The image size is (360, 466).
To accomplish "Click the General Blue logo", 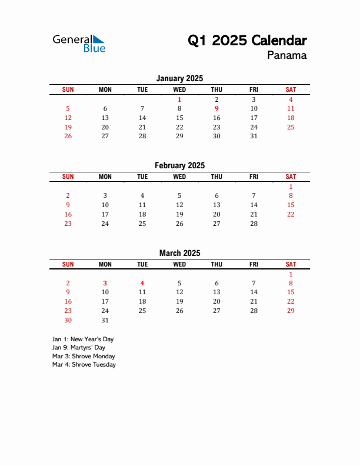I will point(79,43).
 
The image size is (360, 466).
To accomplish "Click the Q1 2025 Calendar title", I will point(247,41).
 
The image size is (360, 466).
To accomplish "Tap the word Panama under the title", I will point(286,56).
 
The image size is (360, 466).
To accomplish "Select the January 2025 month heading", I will point(179,78).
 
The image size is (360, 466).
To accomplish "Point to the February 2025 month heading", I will point(179,165).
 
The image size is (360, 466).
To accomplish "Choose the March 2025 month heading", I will point(179,253).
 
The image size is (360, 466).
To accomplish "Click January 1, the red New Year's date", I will point(179,99).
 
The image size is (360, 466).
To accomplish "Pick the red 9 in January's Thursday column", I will point(216,108).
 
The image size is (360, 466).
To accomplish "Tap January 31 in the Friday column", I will point(254,136).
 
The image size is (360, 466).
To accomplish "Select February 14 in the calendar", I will point(254,205).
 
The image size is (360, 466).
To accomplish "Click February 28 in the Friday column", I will point(254,224).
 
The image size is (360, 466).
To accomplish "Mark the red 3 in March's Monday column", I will point(105,283).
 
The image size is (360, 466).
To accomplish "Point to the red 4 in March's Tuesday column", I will point(142,283).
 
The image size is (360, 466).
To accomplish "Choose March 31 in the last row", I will point(105,320).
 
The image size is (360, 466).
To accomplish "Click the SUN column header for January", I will point(68,89).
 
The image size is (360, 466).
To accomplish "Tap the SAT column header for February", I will point(291,177).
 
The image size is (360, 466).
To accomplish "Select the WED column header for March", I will point(179,264).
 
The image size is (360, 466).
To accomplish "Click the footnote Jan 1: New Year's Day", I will point(83,339).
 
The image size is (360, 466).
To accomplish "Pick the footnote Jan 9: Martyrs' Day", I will point(79,348).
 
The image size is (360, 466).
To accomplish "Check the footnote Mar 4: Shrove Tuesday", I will point(84,364).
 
